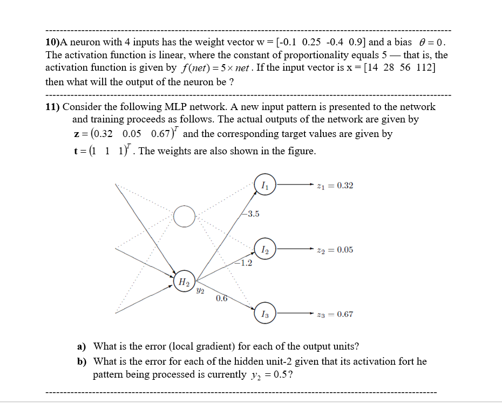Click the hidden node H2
185,281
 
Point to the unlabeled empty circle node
185,217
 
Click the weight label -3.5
251,214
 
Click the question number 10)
53,42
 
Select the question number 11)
52,106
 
